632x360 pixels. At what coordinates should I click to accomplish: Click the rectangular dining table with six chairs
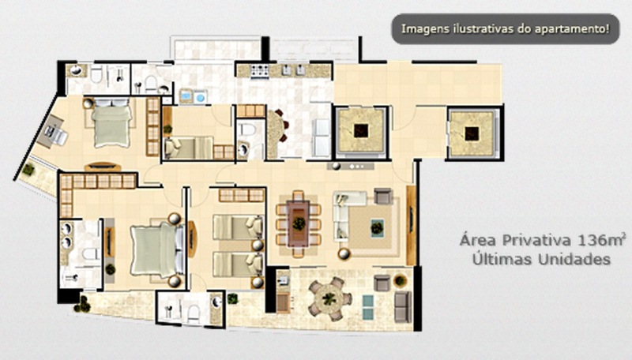[299, 223]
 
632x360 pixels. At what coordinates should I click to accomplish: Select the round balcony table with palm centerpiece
[330, 298]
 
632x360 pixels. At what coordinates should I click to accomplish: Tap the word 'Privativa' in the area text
[537, 241]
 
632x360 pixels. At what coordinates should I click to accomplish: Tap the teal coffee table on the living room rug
[377, 228]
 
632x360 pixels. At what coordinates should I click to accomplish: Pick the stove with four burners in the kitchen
[260, 71]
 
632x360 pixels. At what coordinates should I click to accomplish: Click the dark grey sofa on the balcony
[402, 307]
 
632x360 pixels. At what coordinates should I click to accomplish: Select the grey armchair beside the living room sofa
[382, 196]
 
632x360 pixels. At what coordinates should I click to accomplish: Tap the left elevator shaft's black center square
[361, 130]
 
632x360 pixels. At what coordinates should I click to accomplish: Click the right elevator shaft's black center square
[472, 133]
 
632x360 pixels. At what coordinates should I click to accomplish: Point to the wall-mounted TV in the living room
[411, 225]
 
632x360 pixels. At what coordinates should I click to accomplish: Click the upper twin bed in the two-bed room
[238, 227]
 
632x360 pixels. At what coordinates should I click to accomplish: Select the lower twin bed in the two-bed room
[238, 264]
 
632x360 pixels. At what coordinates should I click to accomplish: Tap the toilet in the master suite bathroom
[90, 254]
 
